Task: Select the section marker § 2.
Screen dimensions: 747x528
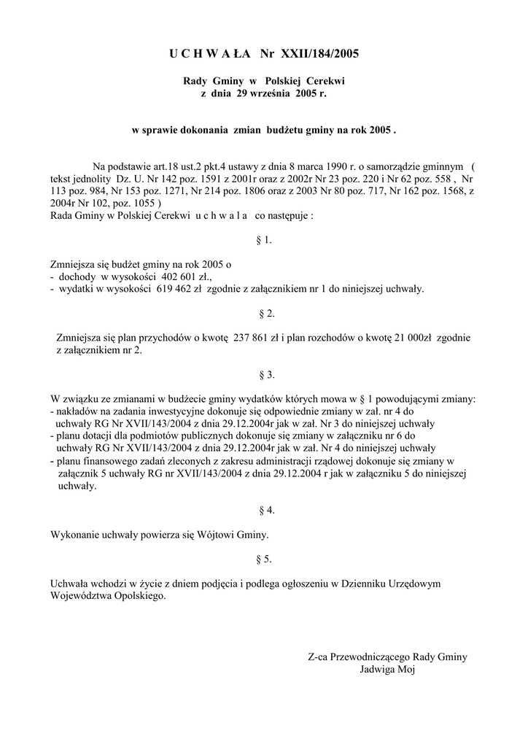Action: pyautogui.click(x=265, y=314)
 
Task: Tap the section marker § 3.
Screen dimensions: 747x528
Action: pyautogui.click(x=265, y=375)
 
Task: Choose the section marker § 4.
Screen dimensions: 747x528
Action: pyautogui.click(x=265, y=510)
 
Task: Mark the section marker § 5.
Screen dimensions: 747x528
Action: pyautogui.click(x=265, y=559)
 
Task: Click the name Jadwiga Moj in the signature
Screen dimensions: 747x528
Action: pyautogui.click(x=387, y=669)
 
